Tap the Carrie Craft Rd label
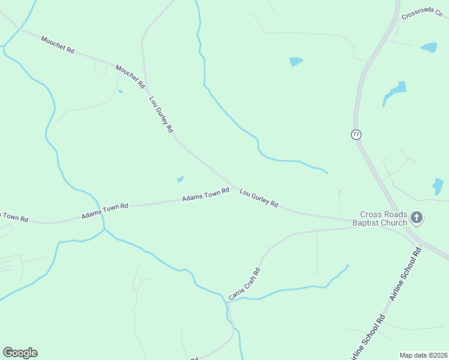(245, 283)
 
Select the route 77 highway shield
(357, 134)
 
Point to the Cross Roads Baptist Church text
(384, 218)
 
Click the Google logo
(20, 353)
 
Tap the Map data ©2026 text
(423, 355)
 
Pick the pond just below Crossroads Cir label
(429, 47)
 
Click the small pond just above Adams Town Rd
(180, 178)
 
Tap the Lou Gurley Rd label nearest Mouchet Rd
(161, 114)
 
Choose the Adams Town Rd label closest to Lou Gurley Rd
(206, 194)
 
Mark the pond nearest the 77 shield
(395, 90)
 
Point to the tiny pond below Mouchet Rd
(121, 91)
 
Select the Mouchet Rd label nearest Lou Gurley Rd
(130, 77)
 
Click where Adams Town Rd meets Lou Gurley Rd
(233, 185)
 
